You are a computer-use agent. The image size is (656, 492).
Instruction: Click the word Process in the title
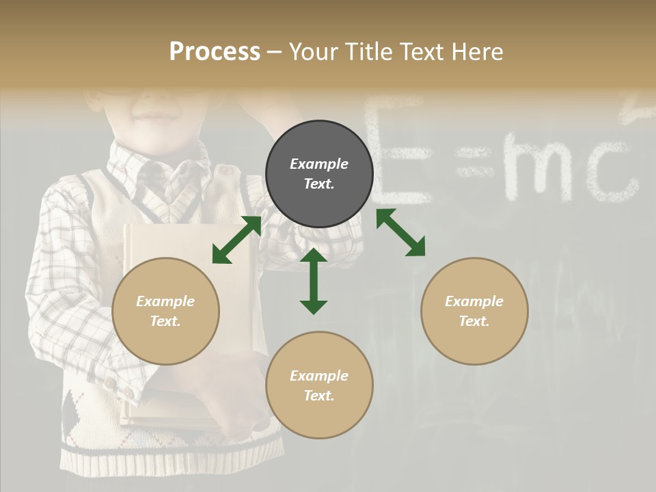point(215,52)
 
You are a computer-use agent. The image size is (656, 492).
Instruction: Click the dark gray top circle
point(319,174)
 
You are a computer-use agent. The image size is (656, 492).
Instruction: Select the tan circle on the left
point(165,311)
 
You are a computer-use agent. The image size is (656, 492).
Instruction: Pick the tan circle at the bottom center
point(319,385)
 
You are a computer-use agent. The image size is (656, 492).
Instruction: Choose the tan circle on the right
point(474,311)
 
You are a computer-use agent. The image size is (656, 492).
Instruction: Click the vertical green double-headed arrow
point(314,281)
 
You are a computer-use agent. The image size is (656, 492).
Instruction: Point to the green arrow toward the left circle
point(236,240)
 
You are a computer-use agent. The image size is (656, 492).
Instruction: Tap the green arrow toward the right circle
point(400,232)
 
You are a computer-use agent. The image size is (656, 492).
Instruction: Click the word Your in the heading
point(314,52)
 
